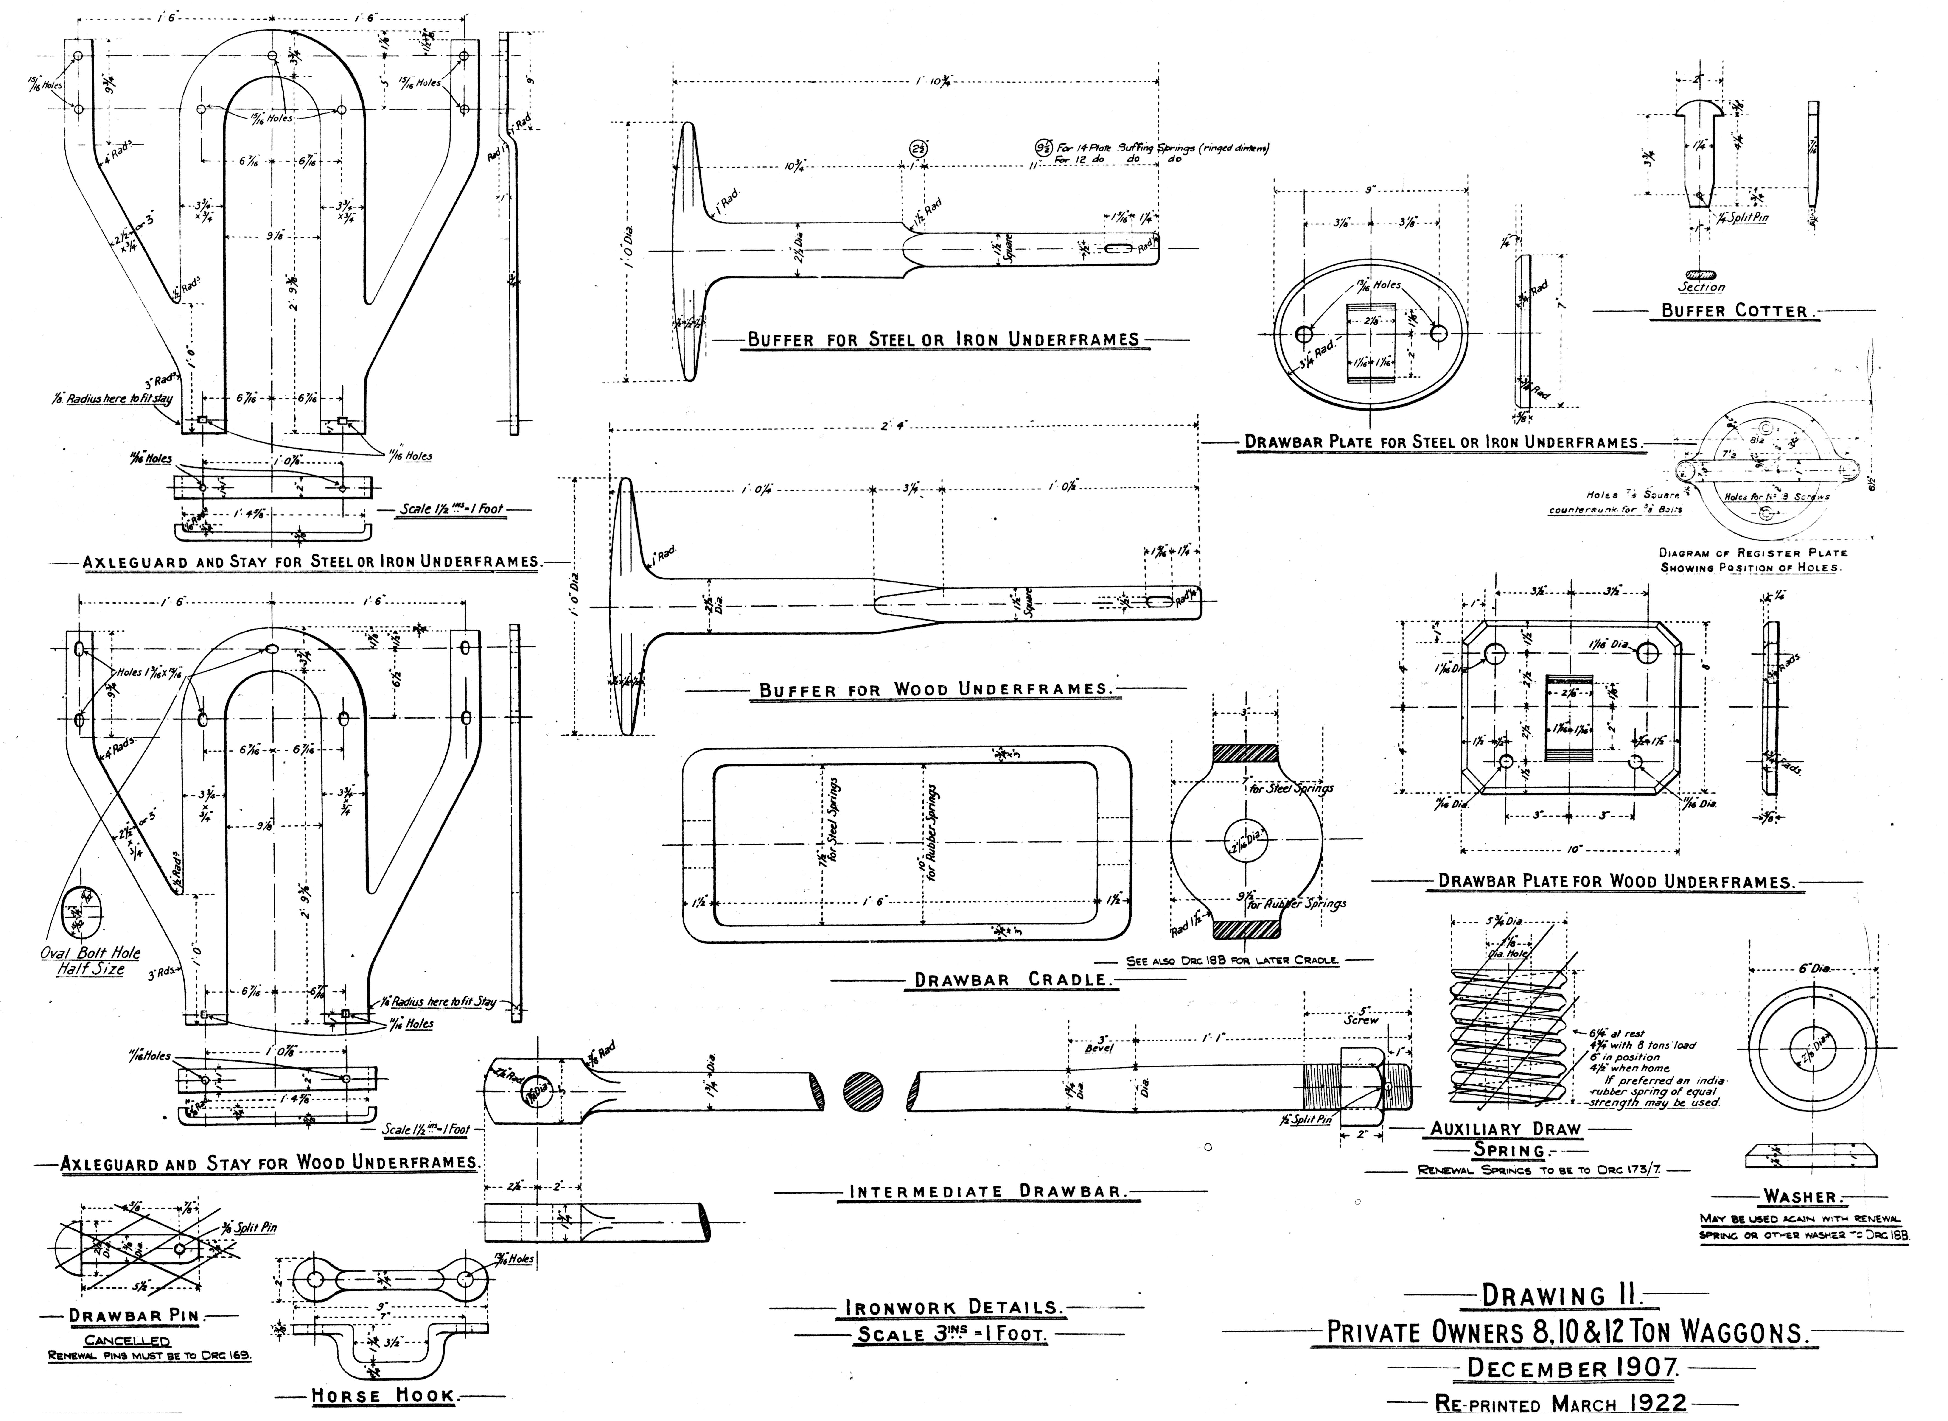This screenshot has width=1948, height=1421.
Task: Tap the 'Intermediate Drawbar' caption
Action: [987, 1192]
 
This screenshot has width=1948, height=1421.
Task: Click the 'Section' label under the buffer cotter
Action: [1701, 287]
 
